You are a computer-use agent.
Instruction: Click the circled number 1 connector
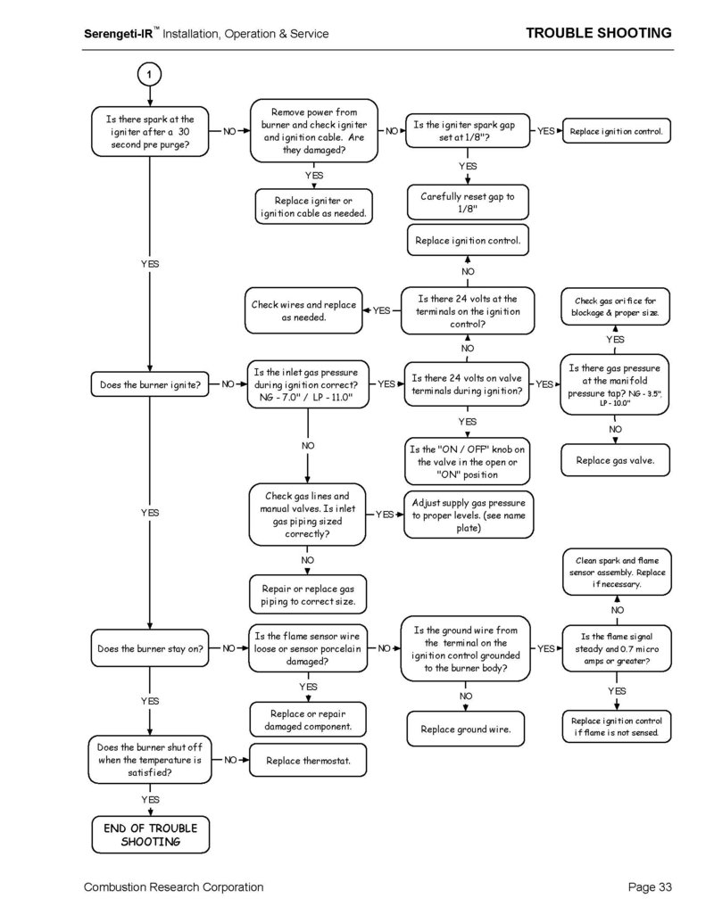pos(149,74)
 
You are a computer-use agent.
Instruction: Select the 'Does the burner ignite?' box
pos(150,384)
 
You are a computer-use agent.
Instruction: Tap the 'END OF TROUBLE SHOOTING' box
pos(151,835)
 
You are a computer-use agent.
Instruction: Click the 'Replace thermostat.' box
pos(308,761)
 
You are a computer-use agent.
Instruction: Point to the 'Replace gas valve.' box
pos(615,460)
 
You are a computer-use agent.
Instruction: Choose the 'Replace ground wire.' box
pos(465,729)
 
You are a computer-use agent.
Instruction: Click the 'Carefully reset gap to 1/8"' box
pos(468,202)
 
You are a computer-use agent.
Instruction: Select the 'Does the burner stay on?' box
pos(150,648)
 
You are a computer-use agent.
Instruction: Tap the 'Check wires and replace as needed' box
pos(304,311)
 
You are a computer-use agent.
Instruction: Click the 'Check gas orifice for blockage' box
pos(615,307)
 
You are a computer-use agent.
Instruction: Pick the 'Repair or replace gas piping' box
pos(308,595)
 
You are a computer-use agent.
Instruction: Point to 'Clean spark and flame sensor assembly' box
pos(617,573)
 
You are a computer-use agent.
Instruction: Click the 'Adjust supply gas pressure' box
pos(469,515)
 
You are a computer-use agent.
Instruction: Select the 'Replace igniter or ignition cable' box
pos(313,207)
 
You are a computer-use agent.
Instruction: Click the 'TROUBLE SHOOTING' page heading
pos(599,33)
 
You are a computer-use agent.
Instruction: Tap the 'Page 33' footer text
pos(650,887)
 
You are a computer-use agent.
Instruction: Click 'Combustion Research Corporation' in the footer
pos(174,887)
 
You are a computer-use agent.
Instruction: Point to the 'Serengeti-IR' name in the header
pos(119,34)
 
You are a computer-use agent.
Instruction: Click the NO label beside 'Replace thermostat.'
pos(230,760)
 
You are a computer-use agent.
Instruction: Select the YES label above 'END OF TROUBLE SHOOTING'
pos(150,799)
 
